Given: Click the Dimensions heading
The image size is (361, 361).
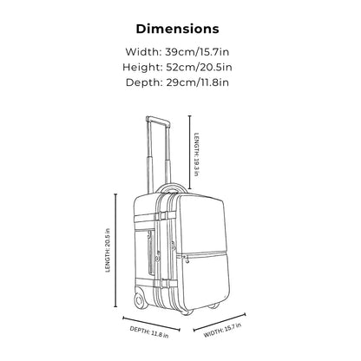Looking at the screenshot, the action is click(x=177, y=29).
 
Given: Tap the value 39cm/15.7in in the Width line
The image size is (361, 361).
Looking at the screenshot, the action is click(x=197, y=52).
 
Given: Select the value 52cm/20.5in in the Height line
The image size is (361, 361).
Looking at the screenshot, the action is click(x=199, y=68).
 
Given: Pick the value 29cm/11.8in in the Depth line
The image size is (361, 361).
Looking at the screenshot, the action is click(x=197, y=82).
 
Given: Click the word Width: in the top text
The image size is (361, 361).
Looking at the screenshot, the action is click(x=143, y=52).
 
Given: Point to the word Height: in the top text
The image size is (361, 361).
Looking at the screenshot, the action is click(x=142, y=68).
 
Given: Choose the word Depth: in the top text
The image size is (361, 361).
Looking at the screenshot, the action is click(x=144, y=82).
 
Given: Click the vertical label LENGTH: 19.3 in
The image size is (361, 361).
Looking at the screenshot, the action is click(x=197, y=154).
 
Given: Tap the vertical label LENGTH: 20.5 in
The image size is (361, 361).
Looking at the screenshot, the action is click(x=108, y=251).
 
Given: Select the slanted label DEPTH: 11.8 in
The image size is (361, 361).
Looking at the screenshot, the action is click(x=149, y=332).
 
